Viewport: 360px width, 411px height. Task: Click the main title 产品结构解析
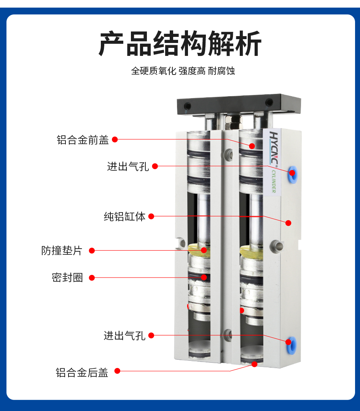(x=180, y=43)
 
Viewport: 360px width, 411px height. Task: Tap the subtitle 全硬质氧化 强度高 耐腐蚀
(x=183, y=71)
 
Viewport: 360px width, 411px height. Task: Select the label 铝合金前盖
(x=83, y=140)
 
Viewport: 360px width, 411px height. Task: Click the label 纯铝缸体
(x=125, y=216)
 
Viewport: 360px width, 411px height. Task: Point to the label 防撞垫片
(x=62, y=251)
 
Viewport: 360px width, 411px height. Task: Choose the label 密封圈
(x=67, y=278)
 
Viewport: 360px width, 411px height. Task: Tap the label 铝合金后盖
(x=82, y=373)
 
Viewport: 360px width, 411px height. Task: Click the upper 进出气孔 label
(x=128, y=167)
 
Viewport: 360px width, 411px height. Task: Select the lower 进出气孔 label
(x=124, y=335)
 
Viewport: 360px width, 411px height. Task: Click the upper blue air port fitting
(x=293, y=174)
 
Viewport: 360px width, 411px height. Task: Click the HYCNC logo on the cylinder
(x=273, y=148)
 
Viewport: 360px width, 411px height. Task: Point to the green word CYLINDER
(x=273, y=181)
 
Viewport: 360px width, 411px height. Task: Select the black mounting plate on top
(x=239, y=104)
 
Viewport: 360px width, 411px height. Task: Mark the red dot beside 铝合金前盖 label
(x=115, y=140)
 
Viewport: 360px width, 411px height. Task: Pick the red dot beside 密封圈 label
(x=92, y=278)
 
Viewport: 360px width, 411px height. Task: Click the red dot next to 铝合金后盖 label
(x=117, y=371)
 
